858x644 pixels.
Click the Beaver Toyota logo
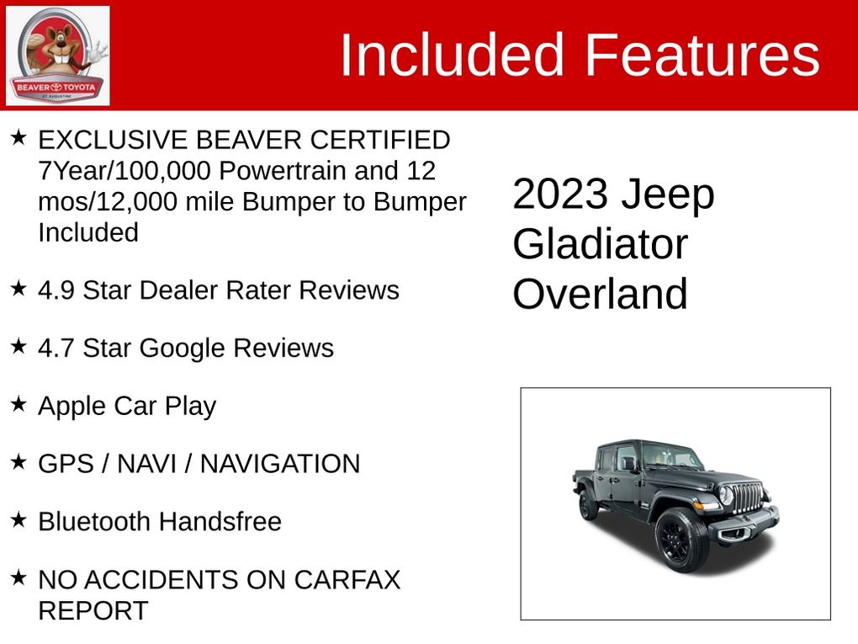(x=57, y=56)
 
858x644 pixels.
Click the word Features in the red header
(x=702, y=55)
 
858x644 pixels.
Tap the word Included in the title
(x=452, y=55)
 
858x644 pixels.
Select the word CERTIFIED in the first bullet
(x=380, y=140)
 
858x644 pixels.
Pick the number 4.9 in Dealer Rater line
(x=56, y=290)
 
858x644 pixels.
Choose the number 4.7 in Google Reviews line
(x=56, y=349)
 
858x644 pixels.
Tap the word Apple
(x=71, y=407)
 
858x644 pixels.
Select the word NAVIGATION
(x=280, y=464)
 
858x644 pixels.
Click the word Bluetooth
(x=94, y=522)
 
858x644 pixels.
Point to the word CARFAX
(x=347, y=580)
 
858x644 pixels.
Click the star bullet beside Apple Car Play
(x=19, y=405)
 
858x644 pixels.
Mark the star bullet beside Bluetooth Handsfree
(x=19, y=520)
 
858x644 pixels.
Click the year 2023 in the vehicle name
(x=560, y=194)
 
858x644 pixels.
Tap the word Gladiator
(x=601, y=244)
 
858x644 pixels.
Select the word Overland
(x=601, y=294)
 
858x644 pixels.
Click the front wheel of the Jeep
(x=681, y=540)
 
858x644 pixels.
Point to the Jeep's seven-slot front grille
(x=746, y=498)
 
